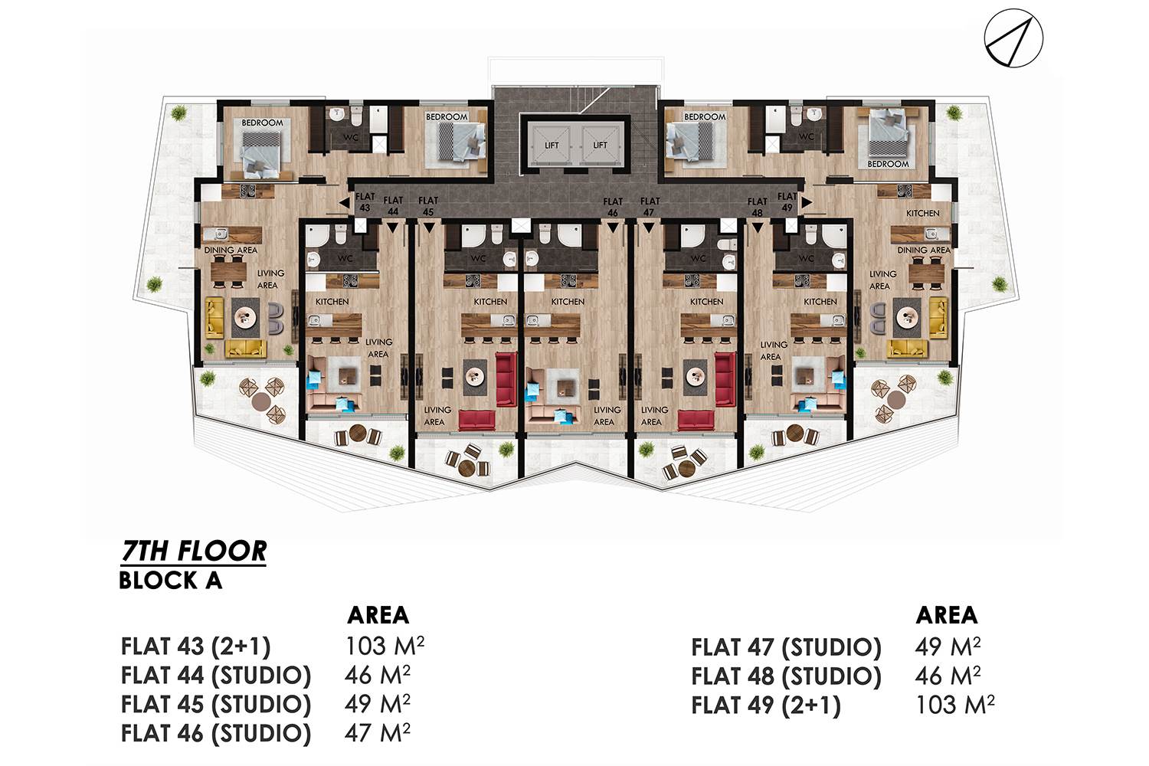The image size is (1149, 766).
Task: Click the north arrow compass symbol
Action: coord(1013,38)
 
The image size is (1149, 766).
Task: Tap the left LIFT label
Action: coord(552,146)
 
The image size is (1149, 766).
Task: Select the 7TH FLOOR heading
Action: coord(194,552)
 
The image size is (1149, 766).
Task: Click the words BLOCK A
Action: coord(171,581)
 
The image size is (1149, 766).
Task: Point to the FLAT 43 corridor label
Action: coord(365,202)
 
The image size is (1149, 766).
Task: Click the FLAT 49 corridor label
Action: coord(787,202)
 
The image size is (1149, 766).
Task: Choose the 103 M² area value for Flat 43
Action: coord(385,646)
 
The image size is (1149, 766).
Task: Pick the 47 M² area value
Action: coord(377,732)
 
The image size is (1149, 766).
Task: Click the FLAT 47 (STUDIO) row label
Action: coord(787,647)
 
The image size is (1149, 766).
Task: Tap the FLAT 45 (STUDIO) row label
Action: coord(216,704)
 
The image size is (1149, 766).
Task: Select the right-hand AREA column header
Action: coord(946,615)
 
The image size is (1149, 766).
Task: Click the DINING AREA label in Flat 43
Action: coord(231,250)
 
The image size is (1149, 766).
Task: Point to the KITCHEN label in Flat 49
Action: coord(923,213)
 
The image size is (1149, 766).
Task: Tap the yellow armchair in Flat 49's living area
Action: coord(938,318)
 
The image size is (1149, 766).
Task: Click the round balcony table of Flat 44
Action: coord(358,434)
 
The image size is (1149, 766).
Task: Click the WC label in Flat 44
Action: coord(345,258)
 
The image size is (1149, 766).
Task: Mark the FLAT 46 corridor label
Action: coord(613,207)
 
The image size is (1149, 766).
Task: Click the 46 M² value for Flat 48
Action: coord(948,676)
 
